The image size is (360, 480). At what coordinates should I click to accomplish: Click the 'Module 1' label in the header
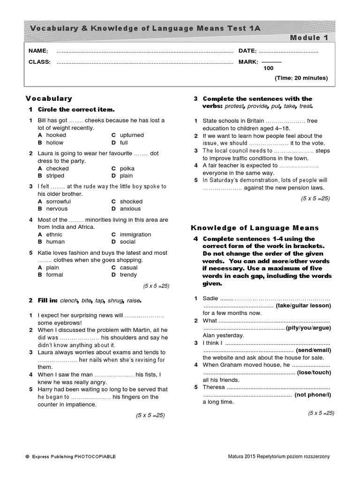309,37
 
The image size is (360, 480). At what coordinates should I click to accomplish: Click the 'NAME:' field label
38,51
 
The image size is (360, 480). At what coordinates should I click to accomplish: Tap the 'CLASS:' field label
39,62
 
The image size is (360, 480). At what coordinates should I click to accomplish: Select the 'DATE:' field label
247,51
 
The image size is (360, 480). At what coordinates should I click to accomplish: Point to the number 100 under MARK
269,68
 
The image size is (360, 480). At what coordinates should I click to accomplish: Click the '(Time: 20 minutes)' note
301,78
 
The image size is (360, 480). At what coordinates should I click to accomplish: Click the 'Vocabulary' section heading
49,98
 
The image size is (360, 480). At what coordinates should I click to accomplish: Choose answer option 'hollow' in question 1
54,142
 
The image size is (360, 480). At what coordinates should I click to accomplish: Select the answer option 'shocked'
131,202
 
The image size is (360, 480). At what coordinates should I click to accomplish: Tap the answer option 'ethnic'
54,234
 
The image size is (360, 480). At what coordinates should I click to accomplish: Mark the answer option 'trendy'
128,275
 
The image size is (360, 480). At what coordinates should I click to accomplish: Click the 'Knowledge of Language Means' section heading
255,228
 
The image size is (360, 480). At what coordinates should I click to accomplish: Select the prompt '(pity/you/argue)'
308,328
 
